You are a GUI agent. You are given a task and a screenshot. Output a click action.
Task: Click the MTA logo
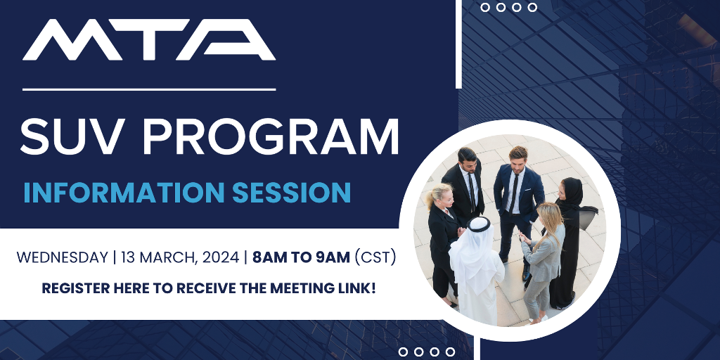pyautogui.click(x=149, y=40)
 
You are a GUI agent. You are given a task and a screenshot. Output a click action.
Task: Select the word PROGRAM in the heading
pyautogui.click(x=271, y=136)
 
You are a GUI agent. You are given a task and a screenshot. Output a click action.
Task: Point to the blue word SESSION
pyautogui.click(x=292, y=193)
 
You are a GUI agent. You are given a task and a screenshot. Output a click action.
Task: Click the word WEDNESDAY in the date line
pyautogui.click(x=62, y=257)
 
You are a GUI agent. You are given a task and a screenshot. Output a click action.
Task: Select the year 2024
pyautogui.click(x=220, y=257)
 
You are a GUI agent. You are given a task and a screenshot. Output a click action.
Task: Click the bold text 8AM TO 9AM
pyautogui.click(x=301, y=257)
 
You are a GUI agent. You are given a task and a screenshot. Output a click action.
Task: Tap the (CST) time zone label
pyautogui.click(x=375, y=257)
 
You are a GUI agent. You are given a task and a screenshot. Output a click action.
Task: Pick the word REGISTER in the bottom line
pyautogui.click(x=76, y=288)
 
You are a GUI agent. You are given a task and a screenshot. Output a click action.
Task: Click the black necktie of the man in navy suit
pyautogui.click(x=514, y=193)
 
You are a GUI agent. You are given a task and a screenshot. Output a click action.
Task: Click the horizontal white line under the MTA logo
pyautogui.click(x=149, y=89)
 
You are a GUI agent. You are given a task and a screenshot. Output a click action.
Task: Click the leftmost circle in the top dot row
pyautogui.click(x=485, y=7)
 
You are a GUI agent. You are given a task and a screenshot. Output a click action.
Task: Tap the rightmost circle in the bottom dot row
pyautogui.click(x=451, y=352)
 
